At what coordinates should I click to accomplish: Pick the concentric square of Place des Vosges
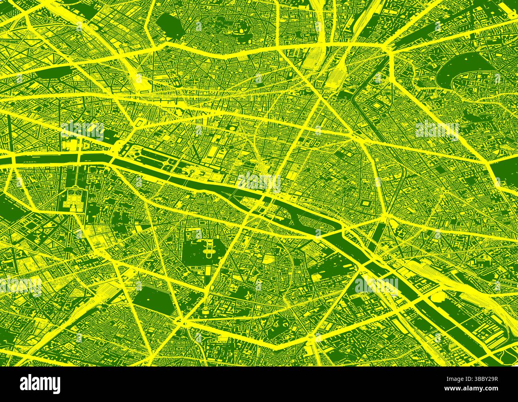click(x=365, y=204)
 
